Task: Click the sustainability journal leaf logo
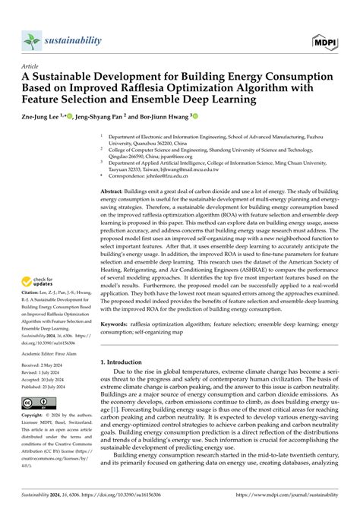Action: click(x=30, y=40)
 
